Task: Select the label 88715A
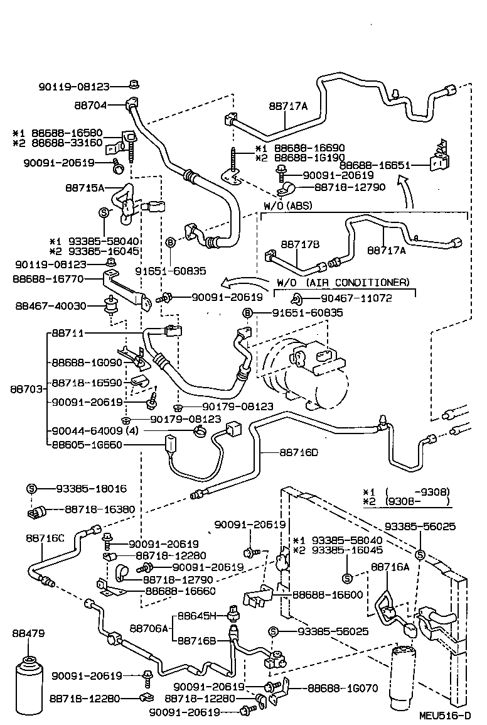[x=85, y=187]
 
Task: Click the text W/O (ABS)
[x=287, y=205]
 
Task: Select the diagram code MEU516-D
[x=445, y=716]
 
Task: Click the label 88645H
[x=196, y=615]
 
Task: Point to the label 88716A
[x=390, y=567]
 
